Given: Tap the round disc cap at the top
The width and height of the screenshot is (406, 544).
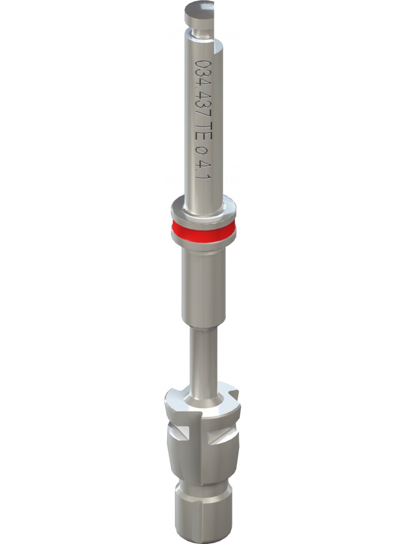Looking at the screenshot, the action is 199,13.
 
